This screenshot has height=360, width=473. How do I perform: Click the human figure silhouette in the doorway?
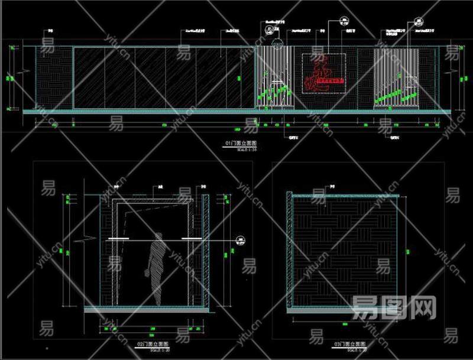click(156, 270)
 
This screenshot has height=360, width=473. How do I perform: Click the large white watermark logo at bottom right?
click(394, 308)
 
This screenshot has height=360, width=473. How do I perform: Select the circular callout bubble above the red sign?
click(343, 21)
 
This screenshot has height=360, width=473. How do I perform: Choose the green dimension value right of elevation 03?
click(407, 251)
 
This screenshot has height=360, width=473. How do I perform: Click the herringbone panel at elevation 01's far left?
click(54, 77)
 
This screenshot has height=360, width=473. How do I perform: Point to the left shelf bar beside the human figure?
click(119, 239)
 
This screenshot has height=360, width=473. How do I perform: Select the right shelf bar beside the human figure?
click(193, 239)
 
